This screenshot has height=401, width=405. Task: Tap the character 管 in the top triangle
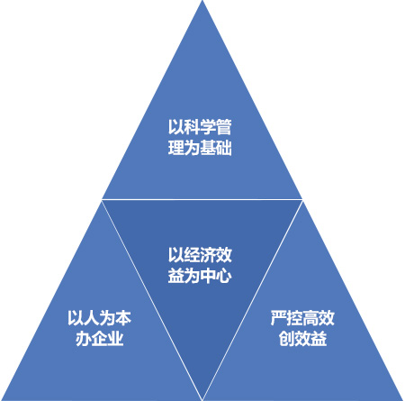point(223,127)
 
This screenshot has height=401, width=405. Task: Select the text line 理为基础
point(200,148)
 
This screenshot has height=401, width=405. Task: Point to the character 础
point(224,148)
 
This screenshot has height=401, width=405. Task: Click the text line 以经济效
point(200,255)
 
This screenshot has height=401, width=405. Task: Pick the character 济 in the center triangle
point(208,255)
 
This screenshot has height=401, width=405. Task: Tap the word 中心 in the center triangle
point(216,275)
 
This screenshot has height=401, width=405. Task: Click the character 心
point(224,275)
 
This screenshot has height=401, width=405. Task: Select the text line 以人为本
point(99,318)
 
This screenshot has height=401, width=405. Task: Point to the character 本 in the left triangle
point(123,318)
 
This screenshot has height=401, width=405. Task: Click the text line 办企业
point(99,339)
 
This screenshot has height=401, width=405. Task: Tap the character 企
point(99,339)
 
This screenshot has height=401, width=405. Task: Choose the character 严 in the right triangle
point(278,318)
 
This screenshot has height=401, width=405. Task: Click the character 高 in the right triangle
point(310,318)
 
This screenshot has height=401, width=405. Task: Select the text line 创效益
point(302,339)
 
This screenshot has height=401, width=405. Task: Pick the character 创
point(286,339)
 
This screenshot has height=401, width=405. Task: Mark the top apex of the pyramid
point(202,1)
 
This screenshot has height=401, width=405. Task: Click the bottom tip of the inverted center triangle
point(202,399)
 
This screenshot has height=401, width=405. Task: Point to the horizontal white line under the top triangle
point(202,199)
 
